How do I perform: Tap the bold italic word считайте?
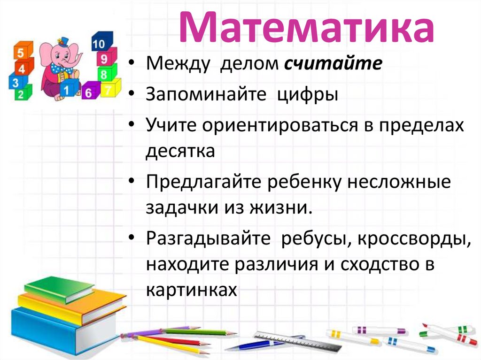point(333,64)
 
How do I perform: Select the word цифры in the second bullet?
point(307,94)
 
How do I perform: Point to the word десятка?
point(180,151)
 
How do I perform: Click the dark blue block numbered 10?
point(100,44)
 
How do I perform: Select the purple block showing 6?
point(89,92)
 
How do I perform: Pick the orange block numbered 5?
point(21,53)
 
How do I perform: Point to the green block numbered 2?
point(21,94)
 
